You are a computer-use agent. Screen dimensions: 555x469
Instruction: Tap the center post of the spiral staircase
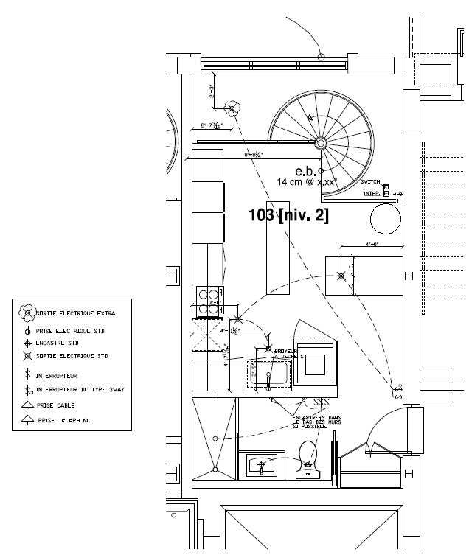(322, 142)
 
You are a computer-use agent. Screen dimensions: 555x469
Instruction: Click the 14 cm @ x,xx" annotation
(306, 181)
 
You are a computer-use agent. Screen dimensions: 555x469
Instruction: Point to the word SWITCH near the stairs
(370, 182)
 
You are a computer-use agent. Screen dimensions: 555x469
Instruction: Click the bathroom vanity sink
(262, 466)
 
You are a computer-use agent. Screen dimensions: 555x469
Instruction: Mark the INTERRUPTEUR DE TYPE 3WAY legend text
(76, 391)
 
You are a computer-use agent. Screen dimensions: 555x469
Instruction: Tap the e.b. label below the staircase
(305, 170)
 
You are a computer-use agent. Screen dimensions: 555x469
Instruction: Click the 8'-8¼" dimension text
(254, 156)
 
